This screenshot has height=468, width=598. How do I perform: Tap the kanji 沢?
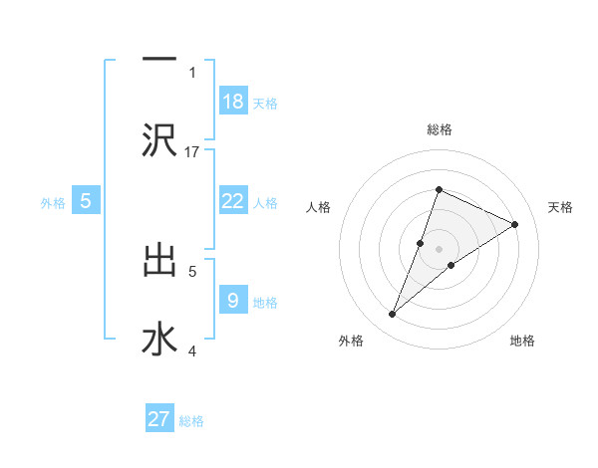click(159, 139)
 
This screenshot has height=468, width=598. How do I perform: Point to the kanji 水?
click(159, 339)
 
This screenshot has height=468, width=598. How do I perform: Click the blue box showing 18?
click(233, 102)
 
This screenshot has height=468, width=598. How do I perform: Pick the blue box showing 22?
click(233, 201)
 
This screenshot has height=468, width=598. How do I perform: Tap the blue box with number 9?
click(233, 301)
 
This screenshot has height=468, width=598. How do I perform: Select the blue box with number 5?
click(86, 201)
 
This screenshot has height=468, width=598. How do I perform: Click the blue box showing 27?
click(159, 419)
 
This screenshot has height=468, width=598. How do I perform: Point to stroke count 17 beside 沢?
click(192, 151)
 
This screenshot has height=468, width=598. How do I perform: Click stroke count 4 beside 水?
click(192, 351)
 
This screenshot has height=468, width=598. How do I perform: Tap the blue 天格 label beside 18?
click(265, 103)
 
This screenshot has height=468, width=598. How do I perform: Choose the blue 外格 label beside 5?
click(53, 202)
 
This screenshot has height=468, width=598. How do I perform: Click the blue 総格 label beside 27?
click(191, 420)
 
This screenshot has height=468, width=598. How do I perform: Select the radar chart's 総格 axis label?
click(439, 129)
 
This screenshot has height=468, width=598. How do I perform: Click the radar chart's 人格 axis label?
click(319, 207)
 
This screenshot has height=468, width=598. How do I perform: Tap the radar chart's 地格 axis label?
click(522, 341)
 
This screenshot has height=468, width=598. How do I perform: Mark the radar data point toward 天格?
click(515, 225)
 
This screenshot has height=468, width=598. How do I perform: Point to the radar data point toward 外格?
click(392, 315)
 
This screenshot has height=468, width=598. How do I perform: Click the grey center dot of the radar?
click(439, 249)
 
